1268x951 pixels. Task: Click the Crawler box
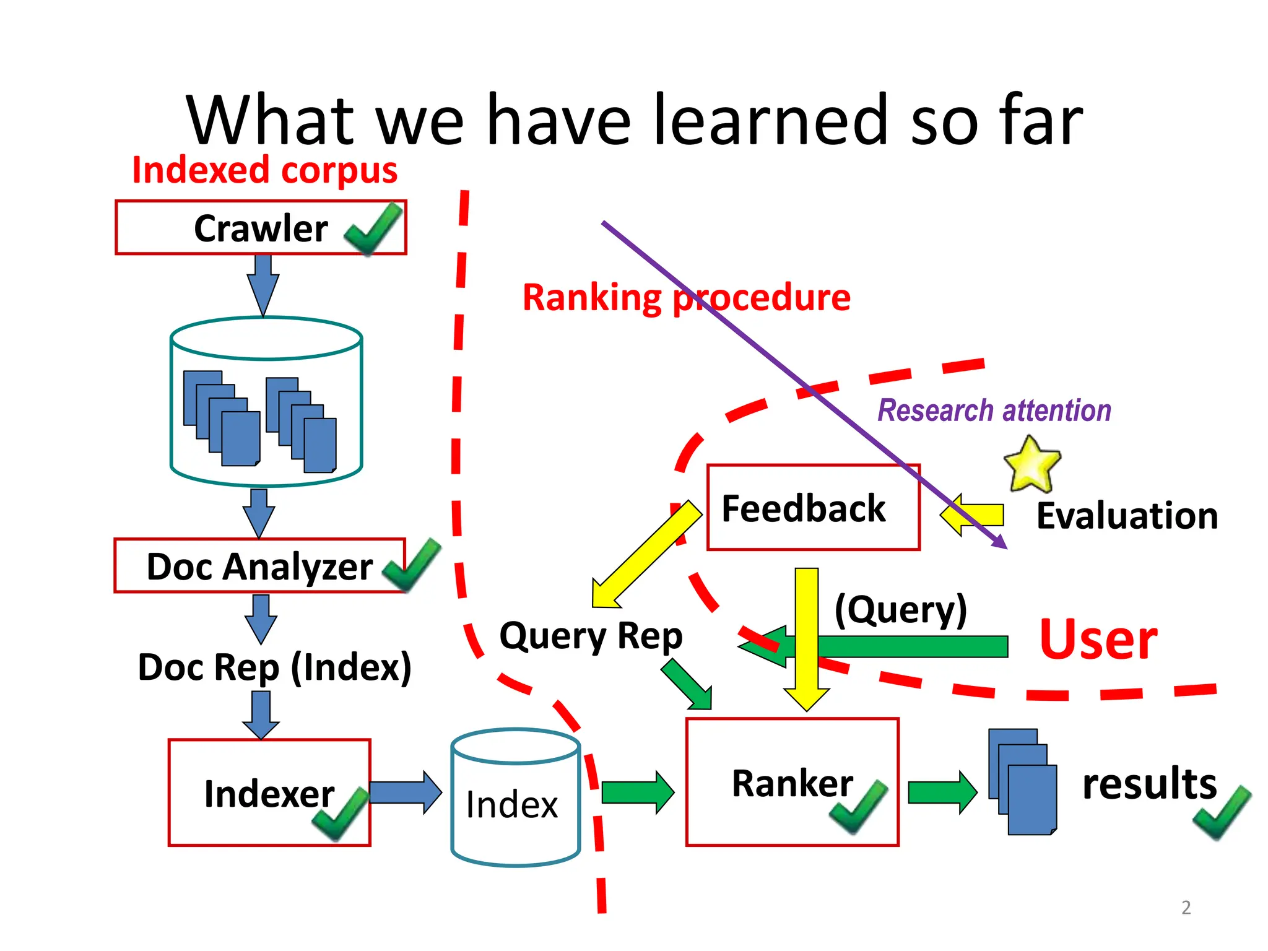pyautogui.click(x=260, y=227)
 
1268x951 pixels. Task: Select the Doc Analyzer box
pyautogui.click(x=259, y=566)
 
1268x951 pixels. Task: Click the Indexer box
pyautogui.click(x=269, y=792)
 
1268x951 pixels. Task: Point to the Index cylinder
pyautogui.click(x=515, y=799)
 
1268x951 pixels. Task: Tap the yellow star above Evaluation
pyautogui.click(x=1031, y=463)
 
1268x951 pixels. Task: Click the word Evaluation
pyautogui.click(x=1127, y=516)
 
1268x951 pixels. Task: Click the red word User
pyautogui.click(x=1098, y=640)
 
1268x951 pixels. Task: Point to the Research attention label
pyautogui.click(x=994, y=410)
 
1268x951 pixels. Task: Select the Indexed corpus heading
pyautogui.click(x=265, y=170)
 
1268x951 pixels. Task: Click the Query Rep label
pyautogui.click(x=591, y=636)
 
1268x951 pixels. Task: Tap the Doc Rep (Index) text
pyautogui.click(x=274, y=667)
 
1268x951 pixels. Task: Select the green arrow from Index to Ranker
pyautogui.click(x=637, y=792)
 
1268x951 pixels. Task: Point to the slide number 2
pyautogui.click(x=1186, y=908)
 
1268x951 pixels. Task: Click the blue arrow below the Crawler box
pyautogui.click(x=263, y=284)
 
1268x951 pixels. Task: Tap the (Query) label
pyautogui.click(x=901, y=610)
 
